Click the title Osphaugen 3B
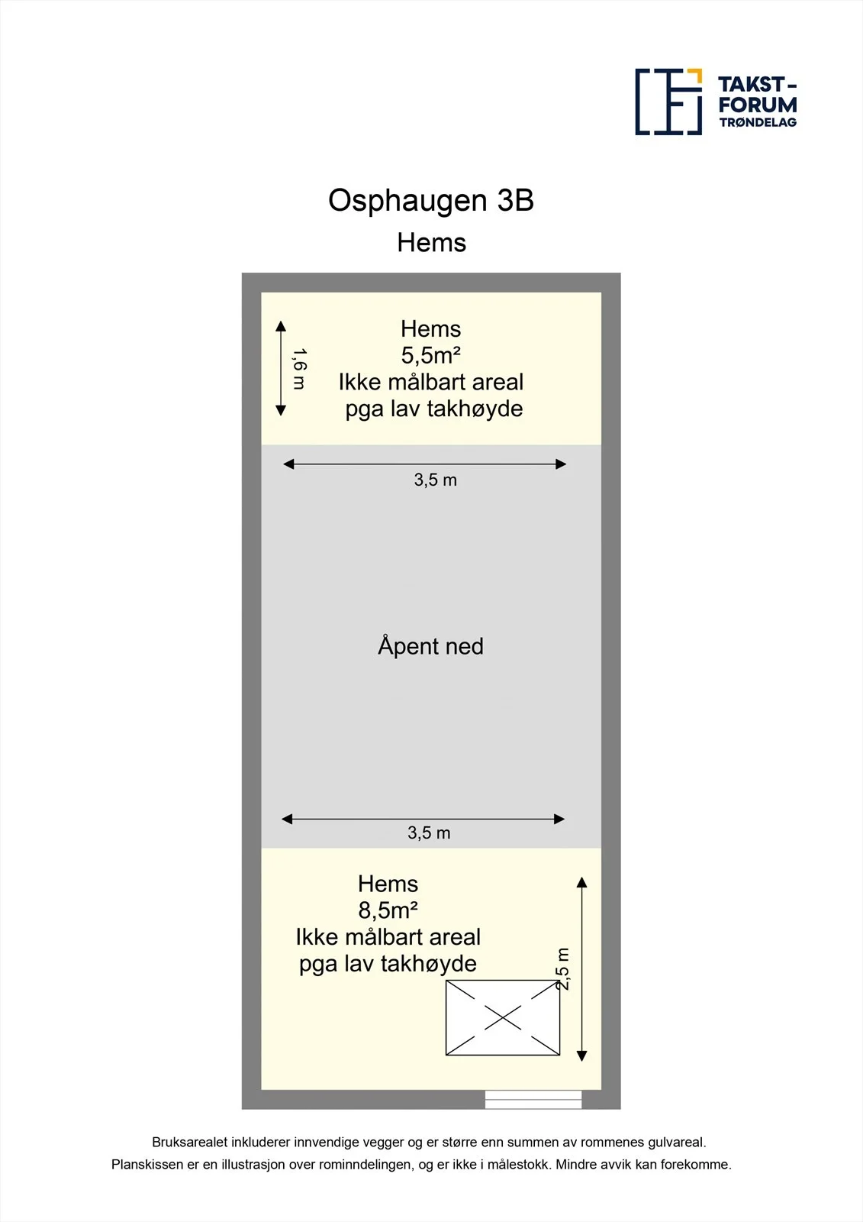click(x=430, y=202)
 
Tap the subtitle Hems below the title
click(x=431, y=242)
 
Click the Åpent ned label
click(x=430, y=646)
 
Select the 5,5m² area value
click(x=430, y=356)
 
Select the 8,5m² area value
click(x=388, y=910)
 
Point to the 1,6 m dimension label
click(x=299, y=370)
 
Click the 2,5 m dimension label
click(x=563, y=969)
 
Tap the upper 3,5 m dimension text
click(x=435, y=480)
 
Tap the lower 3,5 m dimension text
click(x=429, y=833)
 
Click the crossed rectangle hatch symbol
click(x=503, y=1017)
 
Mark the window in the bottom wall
click(x=533, y=1099)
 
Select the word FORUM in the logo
click(x=758, y=105)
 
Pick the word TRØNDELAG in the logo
click(x=758, y=122)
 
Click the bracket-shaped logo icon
click(x=668, y=102)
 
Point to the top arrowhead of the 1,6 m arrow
click(x=281, y=325)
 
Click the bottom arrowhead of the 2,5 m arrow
click(x=581, y=1056)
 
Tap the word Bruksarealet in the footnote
click(x=189, y=1142)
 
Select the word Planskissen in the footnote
click(x=147, y=1165)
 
